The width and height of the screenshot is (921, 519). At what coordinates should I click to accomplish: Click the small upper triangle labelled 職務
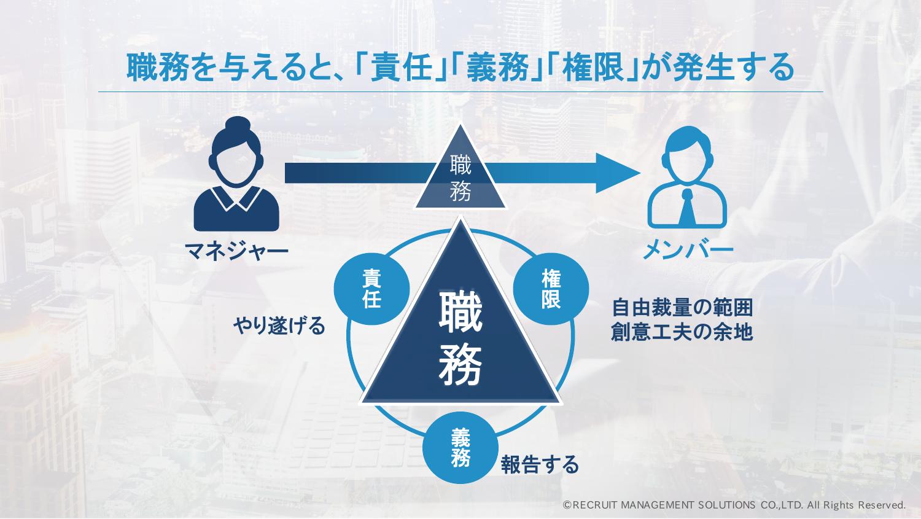tap(460, 178)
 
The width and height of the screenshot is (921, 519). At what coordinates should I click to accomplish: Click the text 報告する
tap(540, 465)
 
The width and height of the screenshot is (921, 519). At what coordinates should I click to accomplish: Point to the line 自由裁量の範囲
tap(682, 306)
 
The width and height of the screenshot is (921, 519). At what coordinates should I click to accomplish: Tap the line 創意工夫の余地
tap(682, 332)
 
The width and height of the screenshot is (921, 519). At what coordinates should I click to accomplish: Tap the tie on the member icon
tap(687, 209)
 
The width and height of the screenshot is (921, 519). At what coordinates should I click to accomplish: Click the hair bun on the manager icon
tap(236, 124)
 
